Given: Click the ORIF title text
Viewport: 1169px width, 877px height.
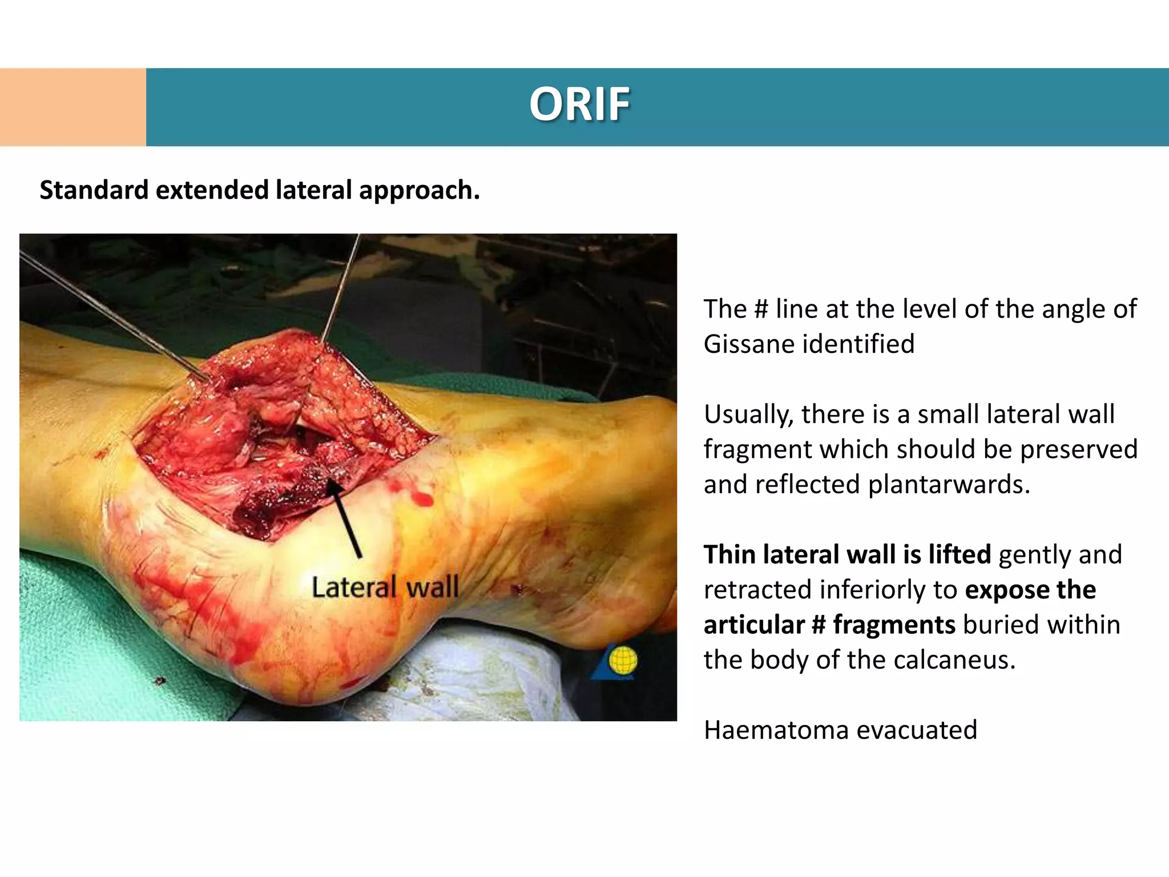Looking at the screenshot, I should (579, 104).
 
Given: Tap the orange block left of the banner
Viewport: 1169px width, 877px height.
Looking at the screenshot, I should (72, 107).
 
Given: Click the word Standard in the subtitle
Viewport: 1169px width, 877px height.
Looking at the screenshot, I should (94, 190).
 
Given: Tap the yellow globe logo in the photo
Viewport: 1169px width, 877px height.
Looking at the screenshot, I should (622, 661).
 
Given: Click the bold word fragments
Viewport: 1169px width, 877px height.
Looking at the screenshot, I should (894, 625).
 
